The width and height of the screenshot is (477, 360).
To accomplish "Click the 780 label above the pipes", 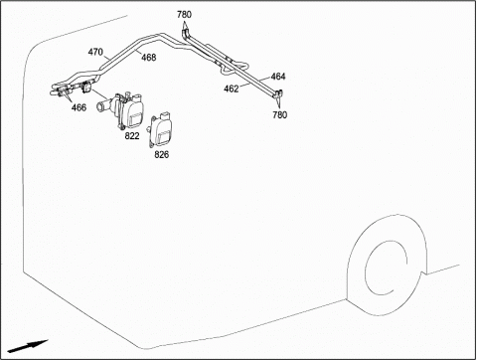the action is [184, 15].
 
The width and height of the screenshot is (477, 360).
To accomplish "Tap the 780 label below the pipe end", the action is [280, 115].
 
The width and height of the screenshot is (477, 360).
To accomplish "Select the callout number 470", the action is [95, 52].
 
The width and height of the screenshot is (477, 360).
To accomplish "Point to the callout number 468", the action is [149, 58].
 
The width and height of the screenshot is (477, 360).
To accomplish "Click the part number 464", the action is [278, 77].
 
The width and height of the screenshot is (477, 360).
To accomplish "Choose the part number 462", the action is [232, 89].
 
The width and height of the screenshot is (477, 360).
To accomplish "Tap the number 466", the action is [79, 107].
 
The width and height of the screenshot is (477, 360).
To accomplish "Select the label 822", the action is [132, 136].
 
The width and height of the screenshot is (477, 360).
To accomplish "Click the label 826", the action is [162, 154].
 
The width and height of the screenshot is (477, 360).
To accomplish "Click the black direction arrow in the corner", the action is [28, 346].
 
